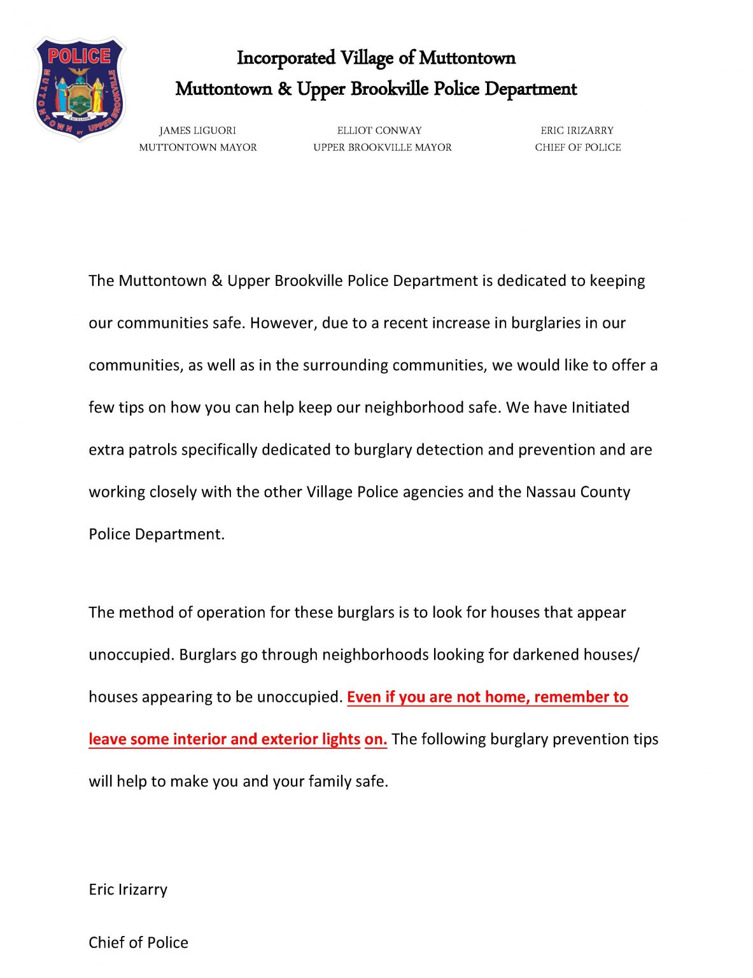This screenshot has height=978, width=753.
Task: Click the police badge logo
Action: [x=80, y=89]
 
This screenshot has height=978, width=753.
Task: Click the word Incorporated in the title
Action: [x=286, y=58]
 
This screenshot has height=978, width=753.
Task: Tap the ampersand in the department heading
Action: [x=284, y=89]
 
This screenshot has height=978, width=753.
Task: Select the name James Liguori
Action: [x=197, y=131]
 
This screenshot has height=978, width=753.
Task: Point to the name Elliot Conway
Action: [x=379, y=131]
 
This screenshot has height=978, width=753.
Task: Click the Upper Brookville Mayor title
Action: [x=383, y=147]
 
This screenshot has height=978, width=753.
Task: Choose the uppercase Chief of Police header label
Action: [x=577, y=147]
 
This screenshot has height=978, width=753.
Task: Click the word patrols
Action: [x=153, y=450]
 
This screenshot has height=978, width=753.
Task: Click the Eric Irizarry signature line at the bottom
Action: [x=128, y=889]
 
